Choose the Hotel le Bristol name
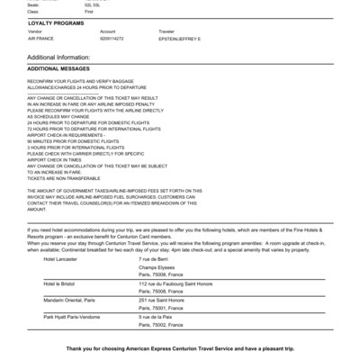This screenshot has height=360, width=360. tap(60, 283)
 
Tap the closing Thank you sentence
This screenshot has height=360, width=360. tap(180, 347)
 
